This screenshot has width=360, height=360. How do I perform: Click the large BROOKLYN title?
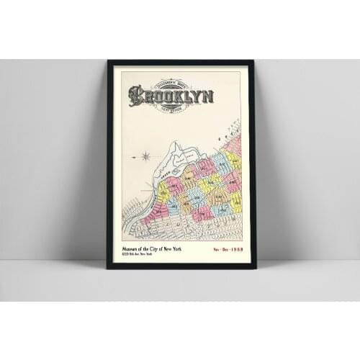tap(159, 96)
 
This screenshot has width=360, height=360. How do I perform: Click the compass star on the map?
tap(145, 156)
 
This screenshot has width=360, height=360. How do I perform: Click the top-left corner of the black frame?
tap(108, 61)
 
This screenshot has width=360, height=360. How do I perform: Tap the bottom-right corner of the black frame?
tap(253, 267)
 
